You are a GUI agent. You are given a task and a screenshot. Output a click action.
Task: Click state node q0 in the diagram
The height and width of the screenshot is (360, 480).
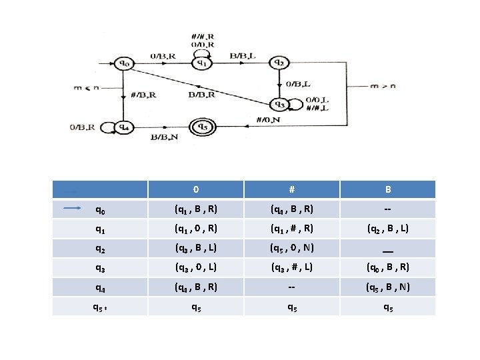coord(124,63)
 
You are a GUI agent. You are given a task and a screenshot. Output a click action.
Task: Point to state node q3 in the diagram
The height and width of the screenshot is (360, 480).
coord(279,105)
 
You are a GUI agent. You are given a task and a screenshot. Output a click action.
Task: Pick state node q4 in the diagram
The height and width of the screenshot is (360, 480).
coord(123,126)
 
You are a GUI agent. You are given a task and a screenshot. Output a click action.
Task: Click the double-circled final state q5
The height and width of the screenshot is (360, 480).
coord(201,126)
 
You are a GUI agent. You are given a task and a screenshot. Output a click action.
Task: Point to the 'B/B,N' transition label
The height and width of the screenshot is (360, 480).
coord(163,137)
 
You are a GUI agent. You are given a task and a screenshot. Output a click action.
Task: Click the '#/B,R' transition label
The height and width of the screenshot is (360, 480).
coord(143,95)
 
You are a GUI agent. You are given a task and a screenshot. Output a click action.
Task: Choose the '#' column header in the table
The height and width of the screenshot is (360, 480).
coord(289,189)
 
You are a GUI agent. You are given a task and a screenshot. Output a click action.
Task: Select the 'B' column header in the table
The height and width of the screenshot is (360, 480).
coord(387,189)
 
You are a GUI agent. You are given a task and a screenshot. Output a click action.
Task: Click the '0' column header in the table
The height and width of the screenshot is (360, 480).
coord(194,189)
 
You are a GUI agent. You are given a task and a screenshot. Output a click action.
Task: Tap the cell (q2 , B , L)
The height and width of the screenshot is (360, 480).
coord(387,229)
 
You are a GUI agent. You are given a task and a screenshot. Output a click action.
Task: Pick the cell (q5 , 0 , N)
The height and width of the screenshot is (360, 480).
coord(289,248)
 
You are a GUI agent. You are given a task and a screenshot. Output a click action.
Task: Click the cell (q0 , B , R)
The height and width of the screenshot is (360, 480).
coord(387,268)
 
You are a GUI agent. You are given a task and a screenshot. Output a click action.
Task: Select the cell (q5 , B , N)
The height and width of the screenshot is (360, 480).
coord(387,287)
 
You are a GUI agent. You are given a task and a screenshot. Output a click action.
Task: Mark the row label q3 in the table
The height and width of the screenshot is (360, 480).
coord(99,268)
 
